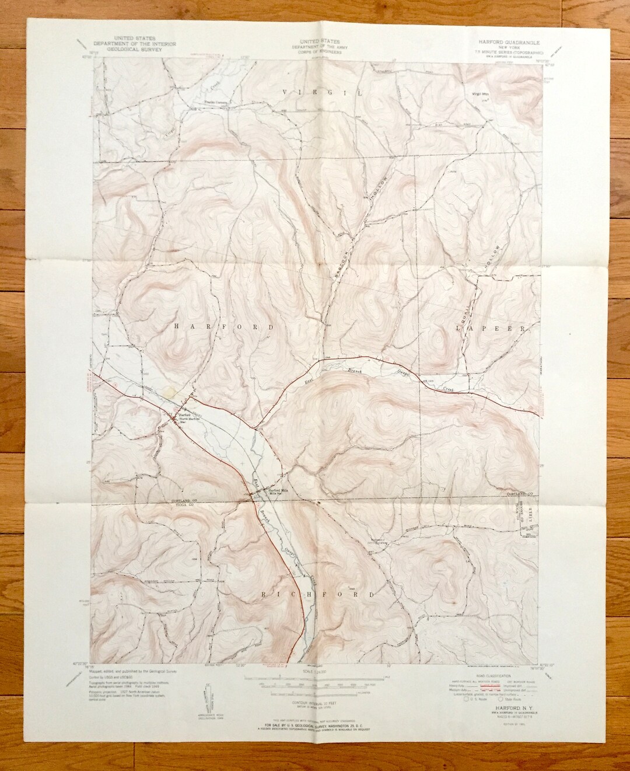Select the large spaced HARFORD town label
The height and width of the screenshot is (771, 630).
(x=224, y=327)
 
